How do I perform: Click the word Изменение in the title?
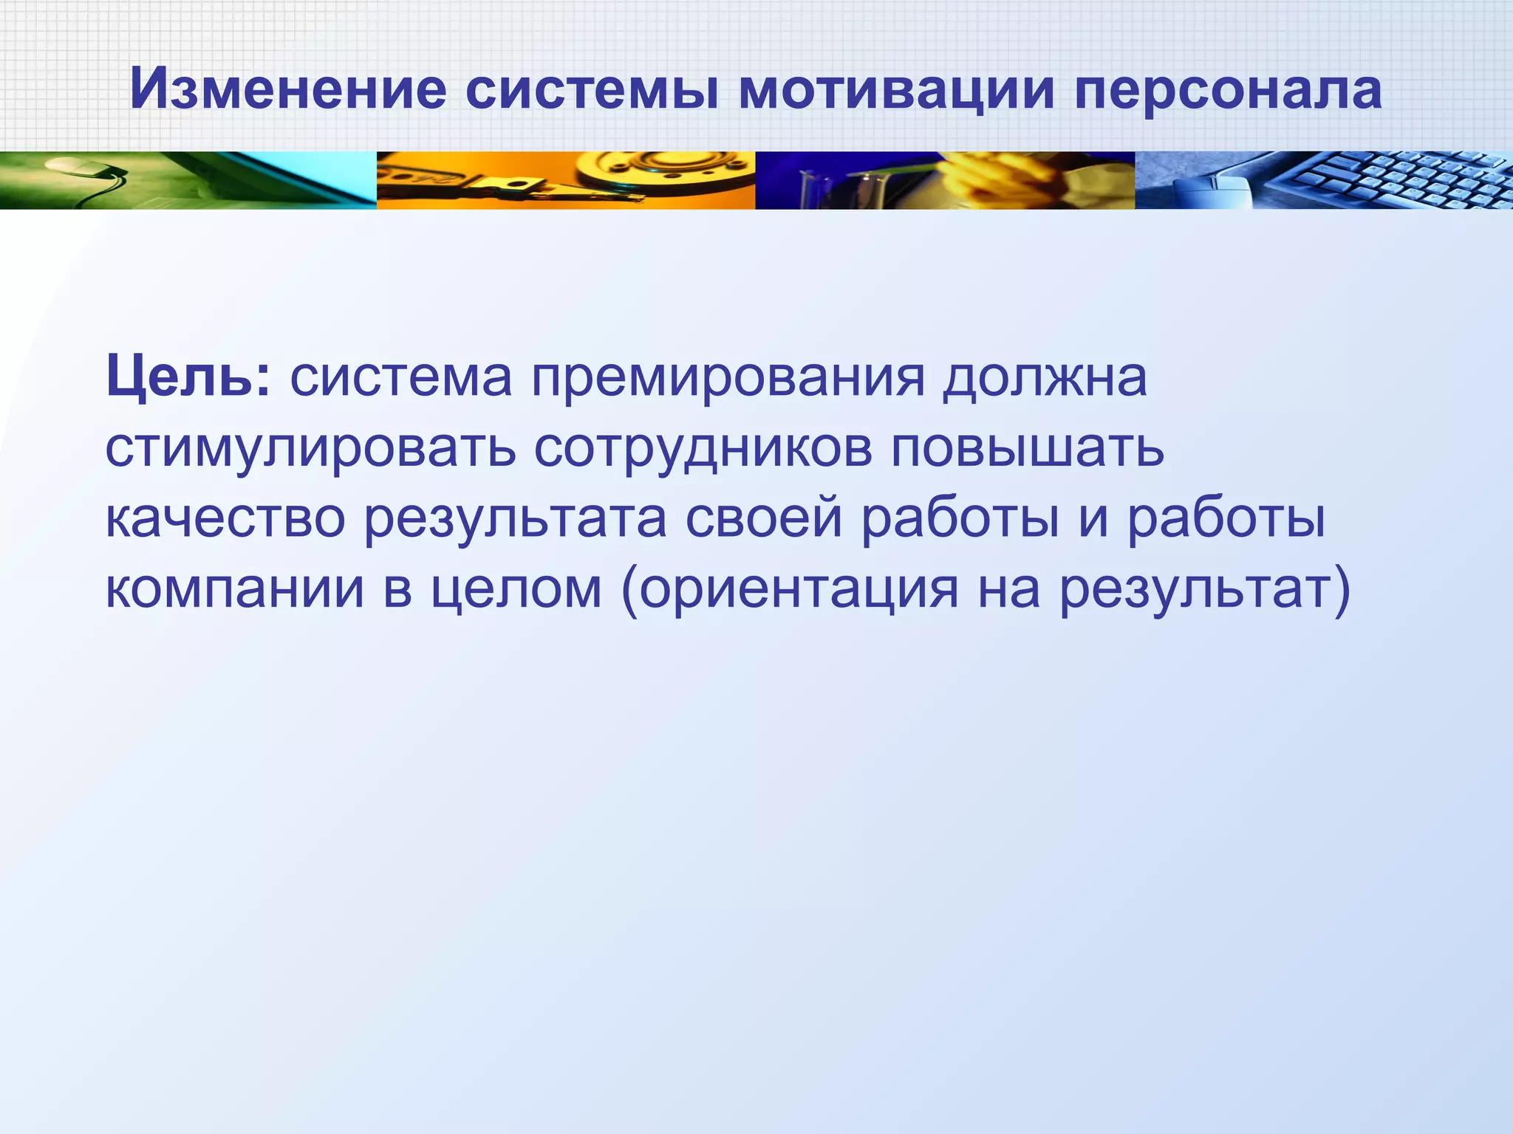point(288,90)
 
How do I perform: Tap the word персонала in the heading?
point(1227,90)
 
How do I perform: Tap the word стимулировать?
point(310,448)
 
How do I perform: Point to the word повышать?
point(1027,448)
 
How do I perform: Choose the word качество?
point(225,519)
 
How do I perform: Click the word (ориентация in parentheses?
point(790,590)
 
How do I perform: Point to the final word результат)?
point(1205,590)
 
